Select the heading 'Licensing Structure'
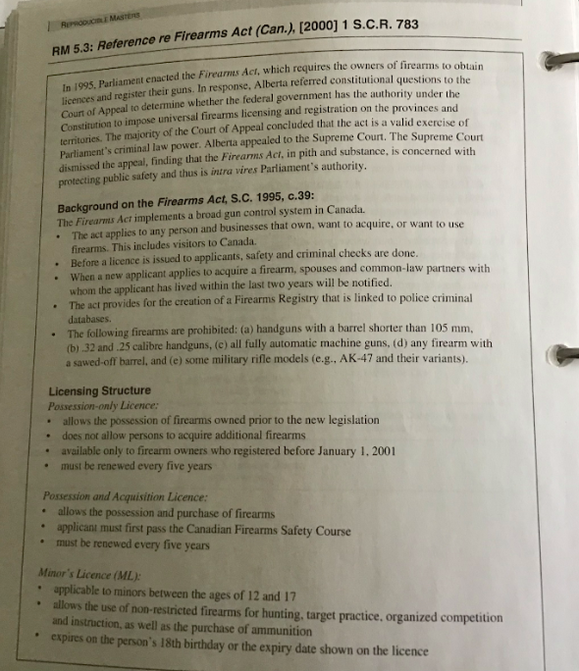pos(99,389)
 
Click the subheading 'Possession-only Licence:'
pos(103,405)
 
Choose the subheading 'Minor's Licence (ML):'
pos(88,577)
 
